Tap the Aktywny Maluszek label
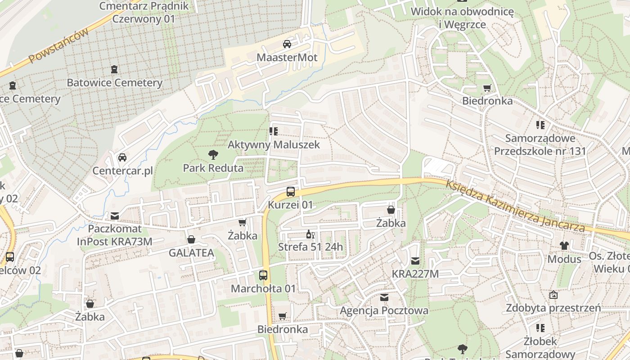pyautogui.click(x=274, y=144)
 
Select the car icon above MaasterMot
pyautogui.click(x=287, y=44)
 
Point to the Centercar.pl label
pyautogui.click(x=122, y=171)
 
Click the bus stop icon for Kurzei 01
pyautogui.click(x=291, y=192)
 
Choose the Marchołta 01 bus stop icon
pyautogui.click(x=263, y=275)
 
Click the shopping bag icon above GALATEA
pyautogui.click(x=191, y=240)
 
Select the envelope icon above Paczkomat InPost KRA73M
pyautogui.click(x=115, y=216)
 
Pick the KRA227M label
pyautogui.click(x=415, y=274)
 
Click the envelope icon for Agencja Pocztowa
pyautogui.click(x=384, y=297)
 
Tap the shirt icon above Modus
pyautogui.click(x=564, y=246)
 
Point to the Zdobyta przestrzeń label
pyautogui.click(x=553, y=308)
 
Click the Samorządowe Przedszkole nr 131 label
pyautogui.click(x=540, y=144)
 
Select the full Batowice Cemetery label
pyautogui.click(x=114, y=83)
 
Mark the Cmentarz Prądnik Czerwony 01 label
pyautogui.click(x=144, y=13)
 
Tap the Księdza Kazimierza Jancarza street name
pyautogui.click(x=516, y=207)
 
